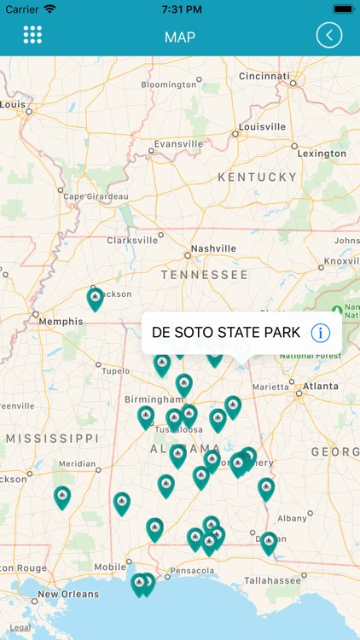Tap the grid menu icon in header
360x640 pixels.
click(x=32, y=35)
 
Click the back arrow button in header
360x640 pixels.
click(x=328, y=35)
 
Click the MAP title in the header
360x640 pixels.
click(x=180, y=37)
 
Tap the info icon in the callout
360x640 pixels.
click(x=321, y=333)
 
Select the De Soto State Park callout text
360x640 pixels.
click(x=226, y=333)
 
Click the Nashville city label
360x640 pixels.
click(x=213, y=248)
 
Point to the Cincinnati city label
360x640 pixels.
click(x=264, y=76)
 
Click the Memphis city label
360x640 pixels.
click(x=61, y=322)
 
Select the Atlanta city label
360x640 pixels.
click(x=320, y=386)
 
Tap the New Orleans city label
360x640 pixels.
click(x=67, y=594)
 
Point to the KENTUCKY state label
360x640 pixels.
click(x=257, y=177)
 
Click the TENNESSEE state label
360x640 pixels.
click(x=205, y=275)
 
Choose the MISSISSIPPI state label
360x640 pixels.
click(x=52, y=438)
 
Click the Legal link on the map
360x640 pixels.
click(x=20, y=627)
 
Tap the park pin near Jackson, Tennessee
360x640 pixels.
click(x=96, y=298)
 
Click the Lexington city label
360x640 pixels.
click(x=322, y=154)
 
